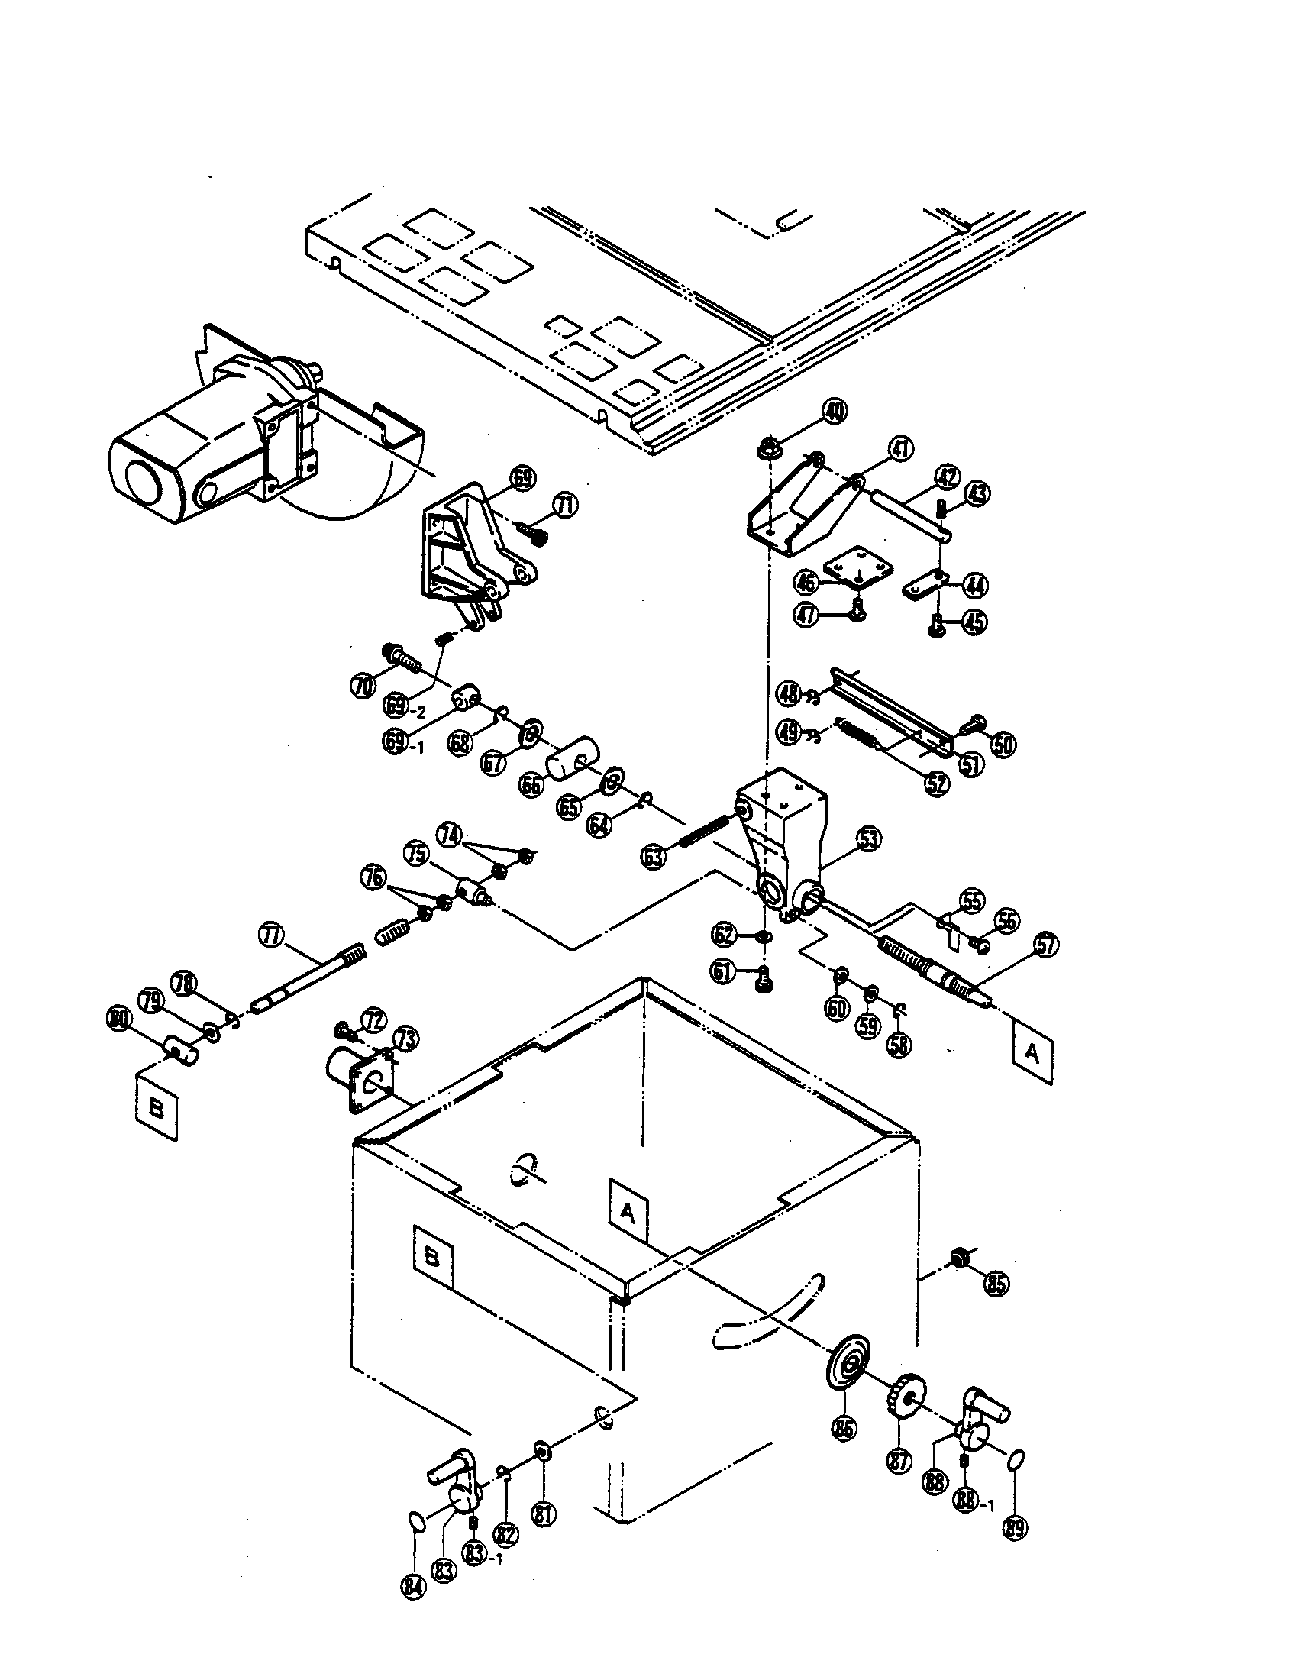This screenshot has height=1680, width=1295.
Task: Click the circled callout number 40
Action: (x=832, y=411)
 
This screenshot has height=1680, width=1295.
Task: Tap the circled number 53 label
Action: (x=868, y=838)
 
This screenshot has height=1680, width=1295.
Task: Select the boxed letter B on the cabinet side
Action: (x=433, y=1258)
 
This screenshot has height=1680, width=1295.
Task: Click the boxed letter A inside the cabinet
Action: (x=628, y=1214)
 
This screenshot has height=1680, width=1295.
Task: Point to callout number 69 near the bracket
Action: (x=522, y=480)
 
